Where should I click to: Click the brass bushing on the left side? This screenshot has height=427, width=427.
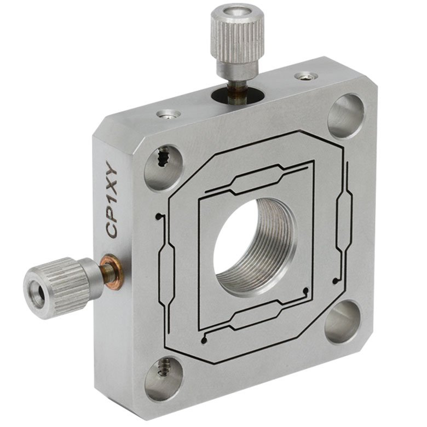pyautogui.click(x=110, y=271)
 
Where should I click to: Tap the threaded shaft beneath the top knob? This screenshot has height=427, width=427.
pyautogui.click(x=238, y=90)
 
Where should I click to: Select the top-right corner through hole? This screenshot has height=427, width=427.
pyautogui.click(x=346, y=115)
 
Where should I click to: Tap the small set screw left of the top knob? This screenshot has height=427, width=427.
pyautogui.click(x=168, y=114)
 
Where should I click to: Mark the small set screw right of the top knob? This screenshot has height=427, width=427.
pyautogui.click(x=304, y=76)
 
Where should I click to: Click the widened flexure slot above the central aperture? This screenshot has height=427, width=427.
pyautogui.click(x=256, y=178)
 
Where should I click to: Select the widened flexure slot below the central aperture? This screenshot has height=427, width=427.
pyautogui.click(x=257, y=319)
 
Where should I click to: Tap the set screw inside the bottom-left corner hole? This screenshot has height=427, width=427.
pyautogui.click(x=163, y=372)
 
